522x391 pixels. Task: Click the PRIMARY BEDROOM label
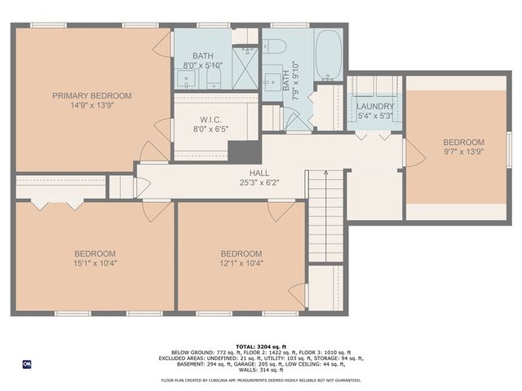point(91,95)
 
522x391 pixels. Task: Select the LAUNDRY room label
point(375,106)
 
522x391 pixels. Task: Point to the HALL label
point(259,174)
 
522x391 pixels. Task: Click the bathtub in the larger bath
point(329,55)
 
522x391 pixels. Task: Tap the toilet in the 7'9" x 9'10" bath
point(272,46)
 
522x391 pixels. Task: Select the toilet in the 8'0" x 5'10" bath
point(214,78)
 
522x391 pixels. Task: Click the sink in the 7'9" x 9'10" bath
point(272,82)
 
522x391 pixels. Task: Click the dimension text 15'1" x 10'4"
point(95,263)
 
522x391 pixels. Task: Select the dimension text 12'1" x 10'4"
point(241,263)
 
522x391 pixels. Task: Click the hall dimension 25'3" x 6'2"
point(259,183)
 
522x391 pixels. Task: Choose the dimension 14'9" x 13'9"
point(91,105)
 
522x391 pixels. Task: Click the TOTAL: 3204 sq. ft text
point(260,346)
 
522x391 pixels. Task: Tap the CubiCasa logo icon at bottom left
point(26,363)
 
